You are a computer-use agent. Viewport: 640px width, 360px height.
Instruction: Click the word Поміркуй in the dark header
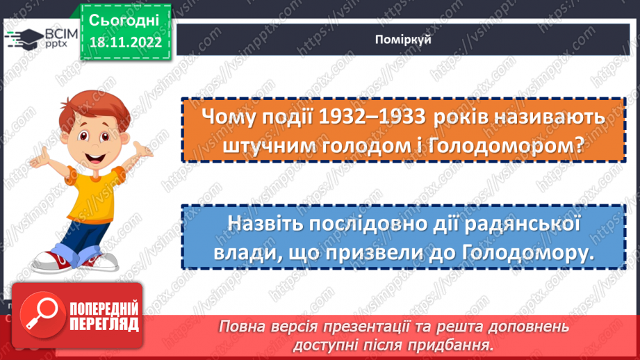point(407,40)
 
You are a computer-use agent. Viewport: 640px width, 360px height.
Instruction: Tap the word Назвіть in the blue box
point(263,224)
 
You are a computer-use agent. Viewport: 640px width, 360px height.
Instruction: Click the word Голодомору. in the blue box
point(528,253)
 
